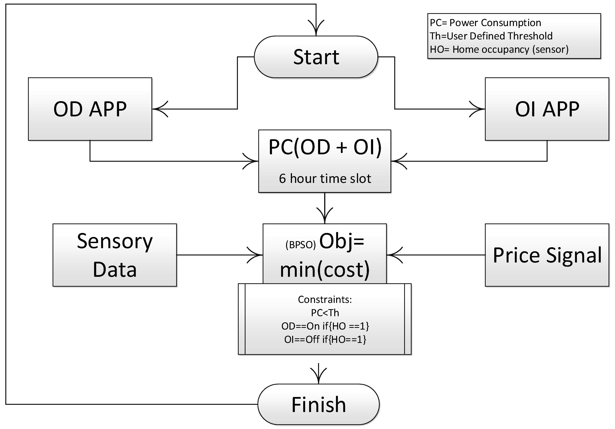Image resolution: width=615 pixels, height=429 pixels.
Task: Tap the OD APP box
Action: (90, 109)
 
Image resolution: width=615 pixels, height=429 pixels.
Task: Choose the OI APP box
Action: (547, 109)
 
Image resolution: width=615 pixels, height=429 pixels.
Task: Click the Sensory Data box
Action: (115, 255)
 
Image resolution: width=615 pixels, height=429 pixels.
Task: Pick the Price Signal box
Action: (547, 255)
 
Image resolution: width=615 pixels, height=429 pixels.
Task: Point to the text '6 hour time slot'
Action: (325, 178)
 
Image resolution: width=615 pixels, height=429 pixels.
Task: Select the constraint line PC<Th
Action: (325, 313)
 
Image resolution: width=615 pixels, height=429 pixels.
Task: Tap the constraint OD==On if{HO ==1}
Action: (325, 326)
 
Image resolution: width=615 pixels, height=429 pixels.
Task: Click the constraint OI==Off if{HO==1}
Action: (325, 339)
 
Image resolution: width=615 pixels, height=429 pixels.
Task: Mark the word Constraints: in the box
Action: (325, 300)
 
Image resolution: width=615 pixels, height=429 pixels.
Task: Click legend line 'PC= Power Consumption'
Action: (485, 23)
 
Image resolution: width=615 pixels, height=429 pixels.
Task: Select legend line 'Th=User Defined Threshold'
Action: (491, 36)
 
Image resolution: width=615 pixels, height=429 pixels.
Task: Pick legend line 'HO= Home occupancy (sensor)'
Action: (499, 49)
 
